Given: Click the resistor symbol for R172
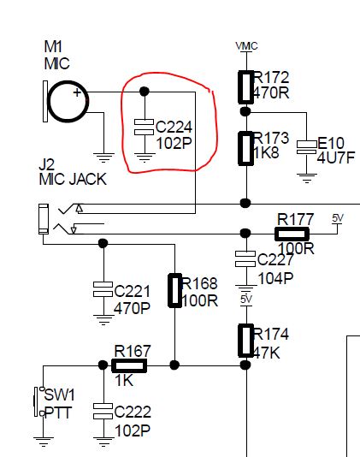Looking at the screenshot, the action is pos(245,87).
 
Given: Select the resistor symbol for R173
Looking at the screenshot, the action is pos(245,148).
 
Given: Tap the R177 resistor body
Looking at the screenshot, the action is pos(292,234).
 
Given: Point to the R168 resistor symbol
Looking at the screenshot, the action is pos(175,290).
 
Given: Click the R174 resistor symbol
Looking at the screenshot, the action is pos(245,341).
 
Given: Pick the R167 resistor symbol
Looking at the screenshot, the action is pos(129,365).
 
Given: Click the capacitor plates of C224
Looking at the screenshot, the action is pos(144,127).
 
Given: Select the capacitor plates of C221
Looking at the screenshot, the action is pos(103,289).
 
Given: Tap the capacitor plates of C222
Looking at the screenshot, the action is pos(103,411).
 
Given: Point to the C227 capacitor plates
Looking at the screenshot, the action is pos(245,259).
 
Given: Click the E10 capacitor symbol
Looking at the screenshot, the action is pos(307,147).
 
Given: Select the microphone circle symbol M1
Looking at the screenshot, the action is pos(68,101).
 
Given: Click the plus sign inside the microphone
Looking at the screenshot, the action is pos(77,92).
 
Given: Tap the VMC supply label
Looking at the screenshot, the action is pos(246,46).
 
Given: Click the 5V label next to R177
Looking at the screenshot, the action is pos(338,218).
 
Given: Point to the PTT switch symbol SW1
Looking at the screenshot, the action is pos(39,401).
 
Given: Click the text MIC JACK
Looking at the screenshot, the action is pos(73,179).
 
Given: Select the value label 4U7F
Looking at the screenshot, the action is pos(336,158).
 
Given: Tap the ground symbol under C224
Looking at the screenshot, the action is pos(144,157).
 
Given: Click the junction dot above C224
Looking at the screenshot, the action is pos(145,92).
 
